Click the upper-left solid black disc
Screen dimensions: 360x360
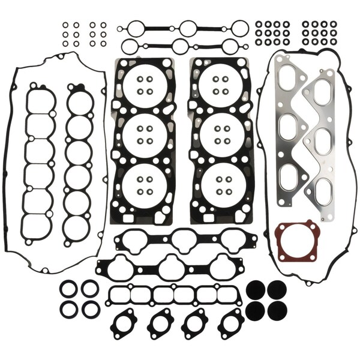coord(256,289)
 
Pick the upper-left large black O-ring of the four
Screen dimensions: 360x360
coord(68,289)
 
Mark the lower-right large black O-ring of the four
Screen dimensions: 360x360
coord(90,309)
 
